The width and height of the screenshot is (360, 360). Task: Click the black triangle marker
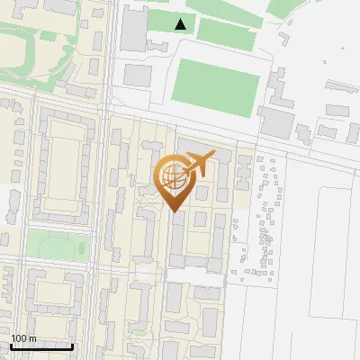click(x=181, y=24)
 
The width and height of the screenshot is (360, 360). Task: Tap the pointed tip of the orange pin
click(x=173, y=210)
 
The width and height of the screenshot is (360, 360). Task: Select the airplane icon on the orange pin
click(x=198, y=164)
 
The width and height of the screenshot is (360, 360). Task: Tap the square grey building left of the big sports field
click(x=137, y=74)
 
